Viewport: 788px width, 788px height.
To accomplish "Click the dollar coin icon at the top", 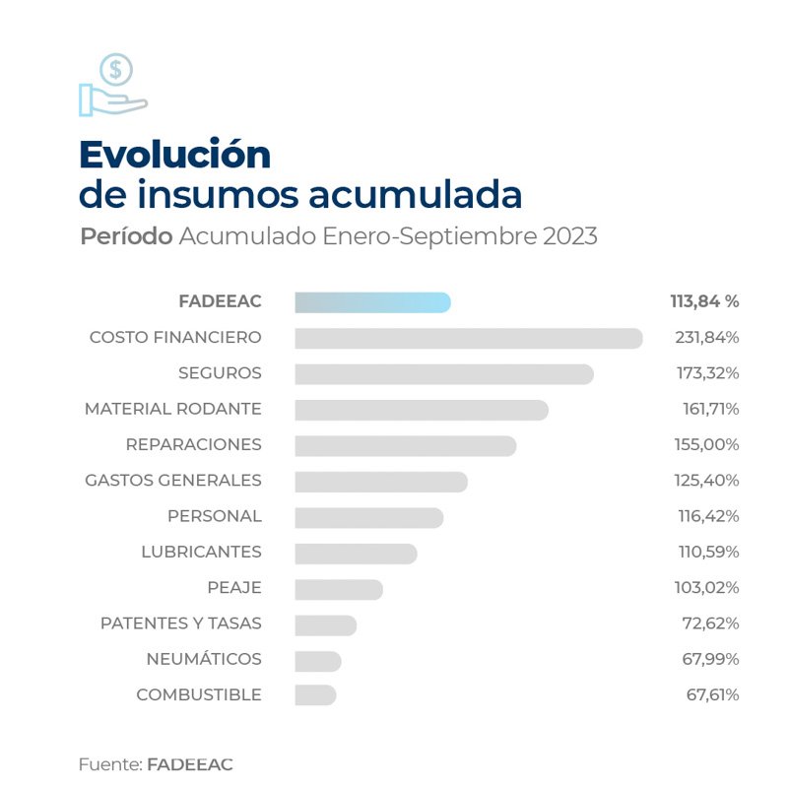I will (116, 70).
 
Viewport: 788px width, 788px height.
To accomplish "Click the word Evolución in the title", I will (174, 154).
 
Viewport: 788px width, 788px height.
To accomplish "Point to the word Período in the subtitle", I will (127, 237).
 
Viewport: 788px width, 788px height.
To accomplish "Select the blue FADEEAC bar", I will (372, 302).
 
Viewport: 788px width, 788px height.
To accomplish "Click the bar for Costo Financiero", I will (468, 338).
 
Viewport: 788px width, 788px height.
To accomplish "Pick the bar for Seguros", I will (443, 374).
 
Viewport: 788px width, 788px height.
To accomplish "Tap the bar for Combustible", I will (315, 694).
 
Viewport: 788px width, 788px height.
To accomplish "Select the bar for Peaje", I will (338, 588).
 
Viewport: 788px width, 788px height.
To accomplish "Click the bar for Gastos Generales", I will (380, 481).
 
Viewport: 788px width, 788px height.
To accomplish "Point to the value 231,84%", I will (706, 338).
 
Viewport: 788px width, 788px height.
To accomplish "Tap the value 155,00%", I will (706, 445).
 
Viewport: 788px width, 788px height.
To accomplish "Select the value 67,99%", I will (712, 659).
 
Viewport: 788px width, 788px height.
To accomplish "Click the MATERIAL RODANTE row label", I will (172, 409).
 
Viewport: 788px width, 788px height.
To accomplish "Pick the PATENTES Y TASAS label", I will (180, 624).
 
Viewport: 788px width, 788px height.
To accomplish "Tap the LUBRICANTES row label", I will (201, 552).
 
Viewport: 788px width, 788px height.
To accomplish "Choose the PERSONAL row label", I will (214, 516).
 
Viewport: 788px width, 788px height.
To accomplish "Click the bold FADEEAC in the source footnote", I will (189, 764).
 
